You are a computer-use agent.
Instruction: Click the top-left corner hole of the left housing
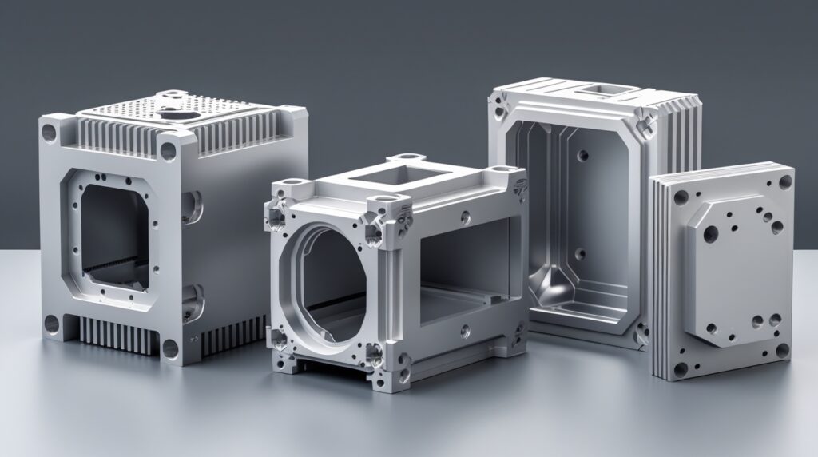click(50, 129)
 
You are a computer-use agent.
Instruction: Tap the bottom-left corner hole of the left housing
click(51, 324)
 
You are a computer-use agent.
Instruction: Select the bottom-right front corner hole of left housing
click(169, 348)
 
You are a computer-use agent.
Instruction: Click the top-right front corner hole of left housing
click(169, 149)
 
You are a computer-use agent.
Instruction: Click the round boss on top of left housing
click(171, 103)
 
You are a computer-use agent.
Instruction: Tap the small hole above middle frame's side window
click(464, 214)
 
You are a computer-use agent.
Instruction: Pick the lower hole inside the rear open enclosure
click(581, 254)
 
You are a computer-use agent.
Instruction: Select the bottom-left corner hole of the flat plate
click(680, 369)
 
